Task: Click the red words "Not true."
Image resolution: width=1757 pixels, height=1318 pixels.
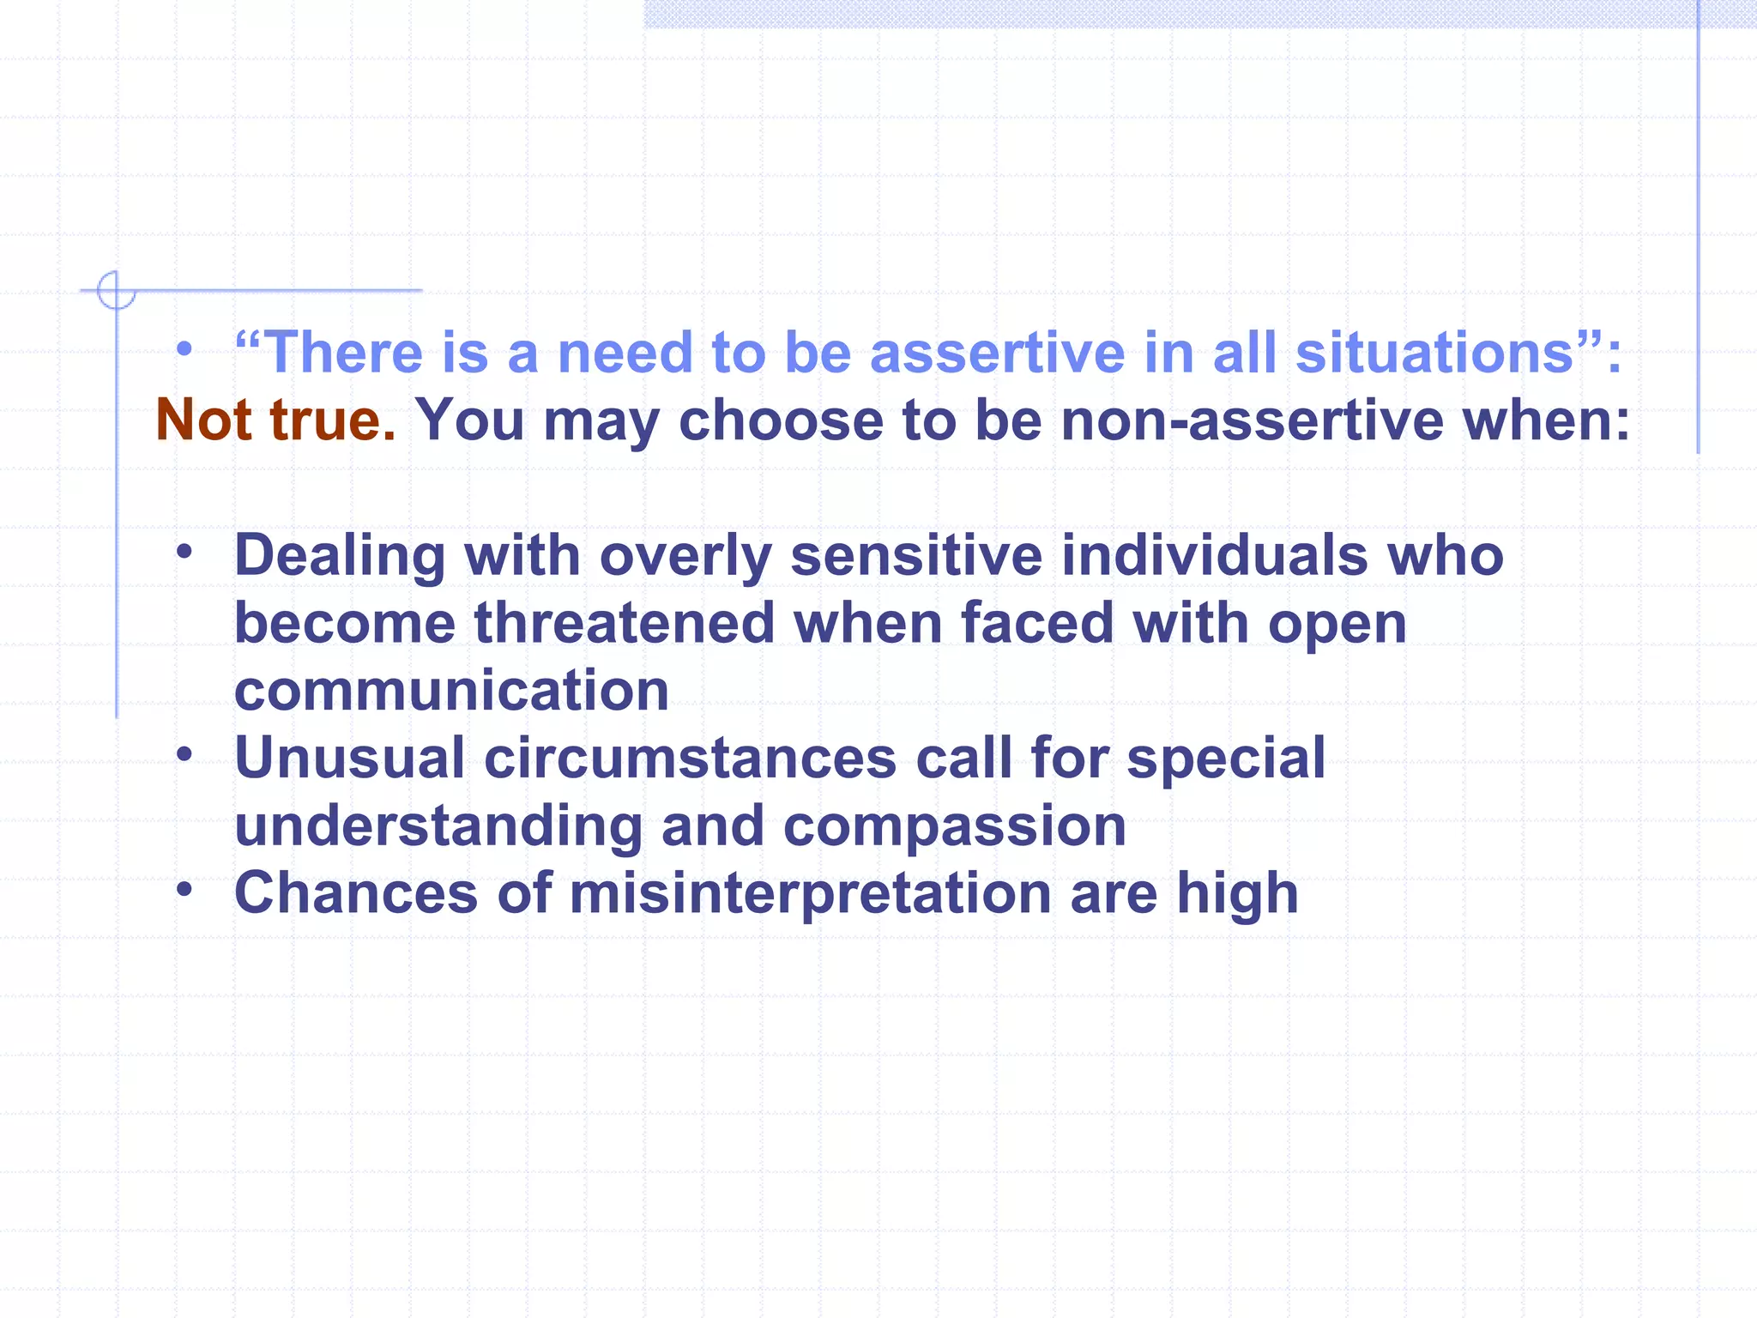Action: pos(275,420)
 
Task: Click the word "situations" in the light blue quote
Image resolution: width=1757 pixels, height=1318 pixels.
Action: pos(1434,353)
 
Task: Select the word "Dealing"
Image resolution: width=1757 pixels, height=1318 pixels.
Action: pos(340,556)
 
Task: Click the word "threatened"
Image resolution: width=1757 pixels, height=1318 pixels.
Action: pos(625,623)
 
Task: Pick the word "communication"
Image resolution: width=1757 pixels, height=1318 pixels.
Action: pos(451,691)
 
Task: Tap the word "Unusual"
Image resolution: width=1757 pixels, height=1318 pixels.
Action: pos(349,759)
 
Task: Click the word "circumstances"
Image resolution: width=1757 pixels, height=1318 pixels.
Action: pos(691,759)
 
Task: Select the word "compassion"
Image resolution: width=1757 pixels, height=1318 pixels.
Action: pos(954,825)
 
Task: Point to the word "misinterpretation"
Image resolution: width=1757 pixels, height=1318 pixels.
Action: pos(810,893)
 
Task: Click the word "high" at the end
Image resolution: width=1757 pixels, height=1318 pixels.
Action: pos(1237,893)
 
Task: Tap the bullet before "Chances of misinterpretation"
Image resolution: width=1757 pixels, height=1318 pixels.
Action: pos(184,889)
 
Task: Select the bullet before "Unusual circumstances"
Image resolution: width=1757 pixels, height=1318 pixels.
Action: pos(184,754)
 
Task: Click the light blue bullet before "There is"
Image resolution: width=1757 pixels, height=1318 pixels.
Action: pos(184,349)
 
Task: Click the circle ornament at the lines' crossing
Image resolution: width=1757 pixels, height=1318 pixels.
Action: pos(116,290)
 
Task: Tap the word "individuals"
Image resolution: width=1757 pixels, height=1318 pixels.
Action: pos(1214,556)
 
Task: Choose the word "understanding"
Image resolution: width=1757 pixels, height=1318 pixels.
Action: pos(438,825)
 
